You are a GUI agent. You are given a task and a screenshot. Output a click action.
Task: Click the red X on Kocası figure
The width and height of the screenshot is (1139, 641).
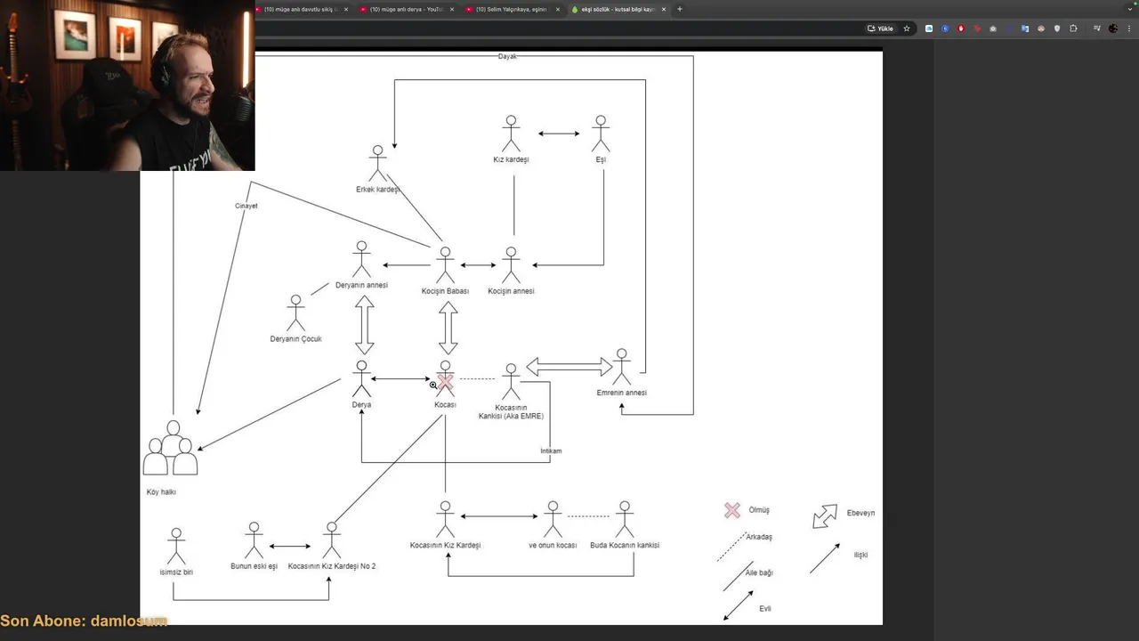(x=445, y=382)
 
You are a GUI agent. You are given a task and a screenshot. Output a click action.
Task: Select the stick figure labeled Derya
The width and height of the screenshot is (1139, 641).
(x=361, y=379)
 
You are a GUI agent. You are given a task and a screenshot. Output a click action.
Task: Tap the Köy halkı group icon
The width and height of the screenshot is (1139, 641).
(x=171, y=450)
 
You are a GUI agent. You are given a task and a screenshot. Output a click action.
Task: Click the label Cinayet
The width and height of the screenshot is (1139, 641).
(x=246, y=206)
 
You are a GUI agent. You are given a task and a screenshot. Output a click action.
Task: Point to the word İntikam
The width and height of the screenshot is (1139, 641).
(x=551, y=450)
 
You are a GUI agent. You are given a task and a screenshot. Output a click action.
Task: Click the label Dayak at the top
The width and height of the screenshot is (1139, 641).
(x=507, y=56)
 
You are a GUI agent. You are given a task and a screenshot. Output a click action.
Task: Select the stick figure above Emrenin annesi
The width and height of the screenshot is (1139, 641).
(x=622, y=367)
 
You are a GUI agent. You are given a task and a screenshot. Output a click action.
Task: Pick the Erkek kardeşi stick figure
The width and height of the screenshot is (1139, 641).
(x=378, y=164)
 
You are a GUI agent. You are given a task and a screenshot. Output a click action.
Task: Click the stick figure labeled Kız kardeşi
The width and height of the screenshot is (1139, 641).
(x=511, y=134)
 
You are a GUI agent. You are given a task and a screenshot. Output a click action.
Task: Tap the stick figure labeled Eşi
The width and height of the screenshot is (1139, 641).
(x=601, y=134)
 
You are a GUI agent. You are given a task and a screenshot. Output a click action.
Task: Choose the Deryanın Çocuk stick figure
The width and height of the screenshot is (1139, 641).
(x=295, y=313)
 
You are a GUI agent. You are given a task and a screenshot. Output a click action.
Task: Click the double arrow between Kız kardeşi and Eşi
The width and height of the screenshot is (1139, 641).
(x=559, y=134)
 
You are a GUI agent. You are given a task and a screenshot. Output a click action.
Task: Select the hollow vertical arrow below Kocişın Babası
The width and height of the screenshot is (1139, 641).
(x=448, y=328)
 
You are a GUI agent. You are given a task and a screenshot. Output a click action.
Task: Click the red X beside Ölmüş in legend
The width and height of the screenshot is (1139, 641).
(x=732, y=510)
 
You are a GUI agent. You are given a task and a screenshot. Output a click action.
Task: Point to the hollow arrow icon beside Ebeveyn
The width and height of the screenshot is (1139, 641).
(x=825, y=515)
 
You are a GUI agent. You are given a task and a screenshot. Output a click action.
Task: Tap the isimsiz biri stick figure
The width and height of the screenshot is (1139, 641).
(x=176, y=547)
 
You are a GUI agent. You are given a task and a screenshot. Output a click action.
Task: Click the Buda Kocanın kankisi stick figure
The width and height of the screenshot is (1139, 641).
(x=625, y=519)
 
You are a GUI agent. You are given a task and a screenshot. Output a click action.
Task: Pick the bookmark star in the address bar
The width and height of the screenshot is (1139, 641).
(x=907, y=28)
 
